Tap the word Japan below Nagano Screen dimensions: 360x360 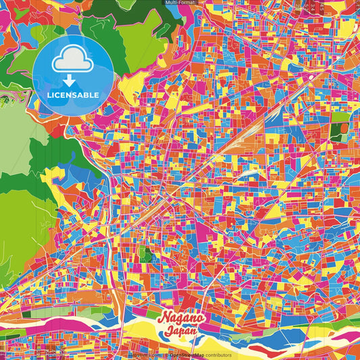pos(180,332)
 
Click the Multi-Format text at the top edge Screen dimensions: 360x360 pos(180,3)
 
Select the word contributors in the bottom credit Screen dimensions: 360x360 pos(218,355)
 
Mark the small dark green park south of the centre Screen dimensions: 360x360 pos(145,255)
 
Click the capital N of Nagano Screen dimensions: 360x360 pos(163,319)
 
